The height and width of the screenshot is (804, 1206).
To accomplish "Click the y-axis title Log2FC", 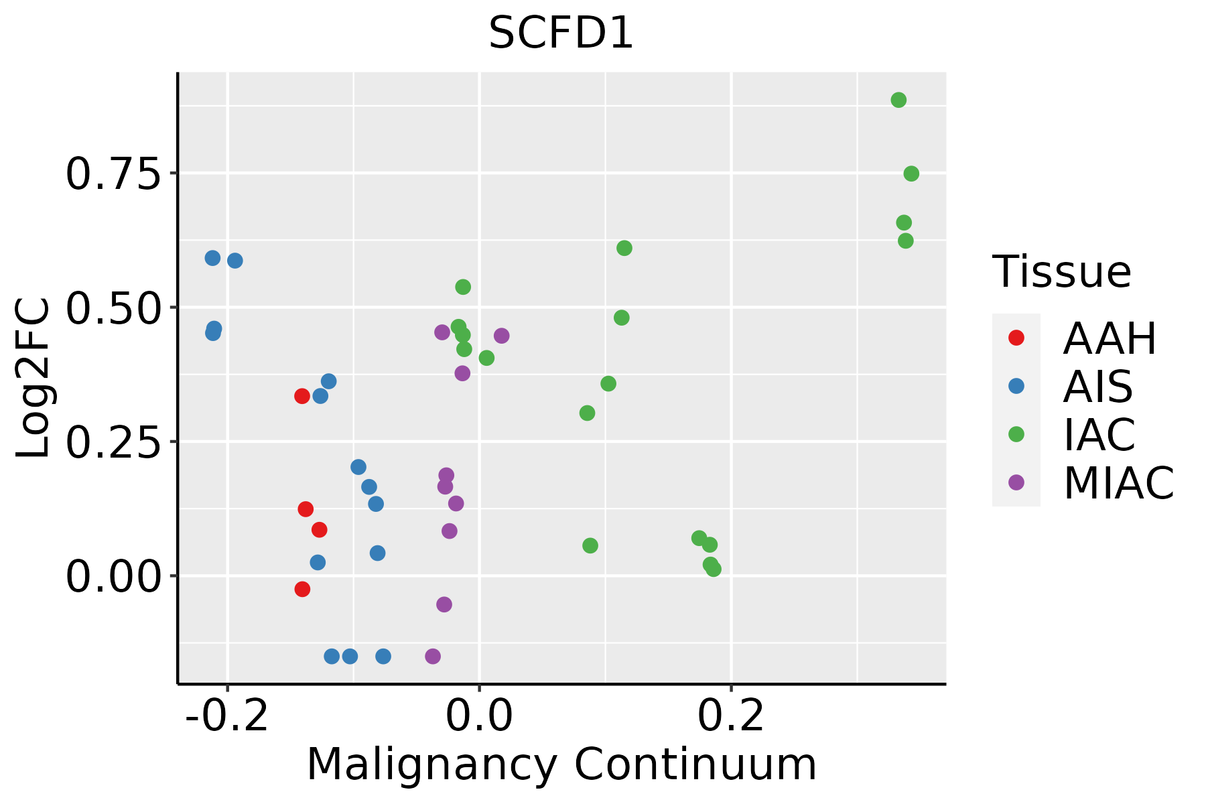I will pyautogui.click(x=33, y=379).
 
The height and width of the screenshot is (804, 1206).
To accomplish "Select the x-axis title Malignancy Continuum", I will pyautogui.click(x=561, y=764).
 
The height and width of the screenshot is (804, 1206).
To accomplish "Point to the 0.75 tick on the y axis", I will pyautogui.click(x=114, y=174).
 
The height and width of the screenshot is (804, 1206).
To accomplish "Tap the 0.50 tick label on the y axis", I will pyautogui.click(x=114, y=308).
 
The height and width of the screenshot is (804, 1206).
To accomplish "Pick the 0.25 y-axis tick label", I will pyautogui.click(x=114, y=443).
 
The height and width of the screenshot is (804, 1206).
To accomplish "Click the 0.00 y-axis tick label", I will pyautogui.click(x=114, y=578).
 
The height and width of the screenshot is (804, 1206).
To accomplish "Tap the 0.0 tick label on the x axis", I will pyautogui.click(x=479, y=716).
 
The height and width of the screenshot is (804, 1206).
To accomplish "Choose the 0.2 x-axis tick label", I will pyautogui.click(x=731, y=716).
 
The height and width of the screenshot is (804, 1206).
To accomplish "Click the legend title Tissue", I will pyautogui.click(x=1062, y=272).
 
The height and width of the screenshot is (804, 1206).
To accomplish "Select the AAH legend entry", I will pyautogui.click(x=1110, y=338).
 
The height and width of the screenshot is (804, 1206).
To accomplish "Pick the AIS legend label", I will pyautogui.click(x=1097, y=387).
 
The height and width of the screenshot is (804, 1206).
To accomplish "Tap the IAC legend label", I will pyautogui.click(x=1099, y=435).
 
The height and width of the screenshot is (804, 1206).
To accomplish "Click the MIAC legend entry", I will pyautogui.click(x=1118, y=483).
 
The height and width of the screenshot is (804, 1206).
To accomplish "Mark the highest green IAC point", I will pyautogui.click(x=898, y=100).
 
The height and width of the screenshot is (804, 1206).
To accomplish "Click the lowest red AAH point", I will pyautogui.click(x=302, y=589).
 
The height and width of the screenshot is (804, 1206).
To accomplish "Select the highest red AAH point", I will pyautogui.click(x=302, y=396).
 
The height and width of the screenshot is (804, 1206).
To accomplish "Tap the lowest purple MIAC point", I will pyautogui.click(x=433, y=656).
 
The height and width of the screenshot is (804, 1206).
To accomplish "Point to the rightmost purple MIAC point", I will pyautogui.click(x=501, y=336).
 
